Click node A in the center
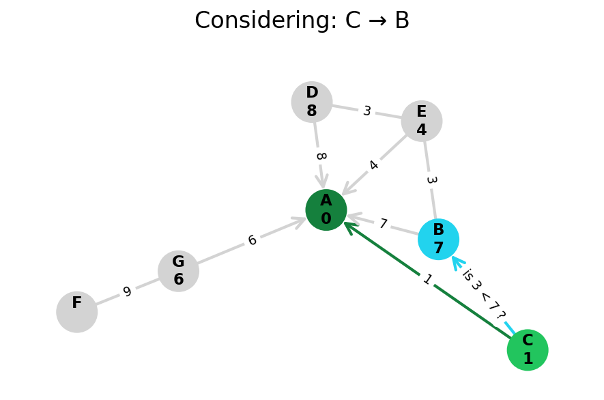click(326, 210)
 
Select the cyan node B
click(438, 239)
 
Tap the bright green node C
click(528, 350)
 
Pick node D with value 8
click(312, 102)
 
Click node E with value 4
click(422, 122)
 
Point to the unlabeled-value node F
click(77, 312)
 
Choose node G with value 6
click(178, 271)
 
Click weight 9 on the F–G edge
click(127, 292)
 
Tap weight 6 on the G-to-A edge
click(252, 241)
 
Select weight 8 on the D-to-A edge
click(319, 156)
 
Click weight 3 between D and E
click(366, 111)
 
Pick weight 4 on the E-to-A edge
click(373, 165)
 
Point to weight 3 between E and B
click(430, 180)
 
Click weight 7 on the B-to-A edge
click(383, 224)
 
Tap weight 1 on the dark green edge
click(427, 280)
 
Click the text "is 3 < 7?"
click(483, 294)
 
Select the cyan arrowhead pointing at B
click(457, 261)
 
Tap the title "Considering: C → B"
click(302, 21)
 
